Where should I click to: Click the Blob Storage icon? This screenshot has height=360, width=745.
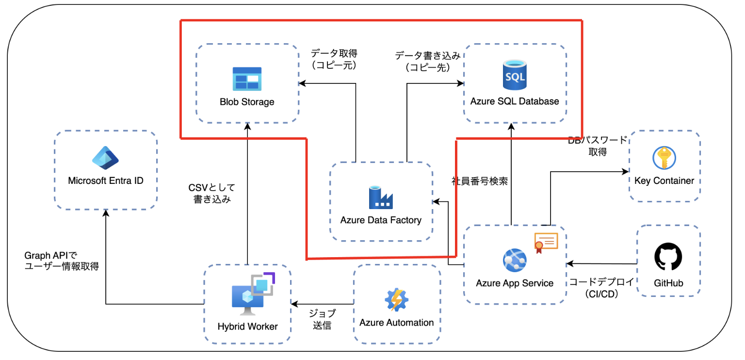tap(247, 79)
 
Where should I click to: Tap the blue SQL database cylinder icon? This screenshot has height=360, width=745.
tap(515, 75)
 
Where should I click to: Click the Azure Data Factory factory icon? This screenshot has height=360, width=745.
tap(381, 197)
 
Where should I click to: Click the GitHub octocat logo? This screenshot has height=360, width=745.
tap(668, 256)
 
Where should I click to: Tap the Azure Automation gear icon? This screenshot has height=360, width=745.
tap(397, 300)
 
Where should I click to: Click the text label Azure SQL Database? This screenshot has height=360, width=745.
tap(515, 101)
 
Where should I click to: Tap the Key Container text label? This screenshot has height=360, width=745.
tap(664, 181)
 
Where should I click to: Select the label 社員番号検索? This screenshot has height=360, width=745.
tap(479, 181)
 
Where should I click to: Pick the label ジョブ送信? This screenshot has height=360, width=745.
tap(322, 319)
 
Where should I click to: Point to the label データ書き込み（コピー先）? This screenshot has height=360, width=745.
tap(427, 61)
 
